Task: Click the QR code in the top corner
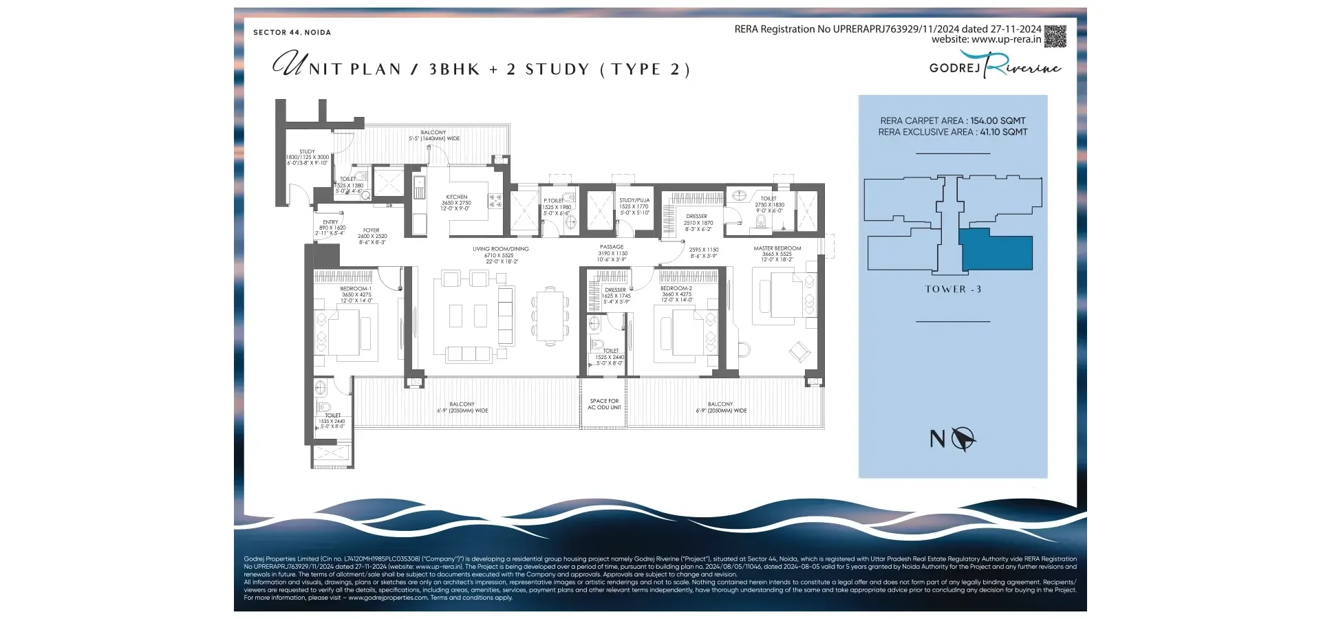pos(1055,36)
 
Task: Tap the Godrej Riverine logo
pos(994,66)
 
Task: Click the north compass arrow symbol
pos(963,438)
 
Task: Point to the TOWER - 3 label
pos(953,290)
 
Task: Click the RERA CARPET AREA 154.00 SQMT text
pos(952,120)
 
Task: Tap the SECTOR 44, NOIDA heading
pos(292,32)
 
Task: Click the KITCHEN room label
pos(456,197)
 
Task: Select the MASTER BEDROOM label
pos(777,248)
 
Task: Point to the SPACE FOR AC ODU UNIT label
pos(604,404)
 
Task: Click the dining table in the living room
pos(550,316)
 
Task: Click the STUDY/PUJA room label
pos(634,201)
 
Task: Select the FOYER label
pos(372,231)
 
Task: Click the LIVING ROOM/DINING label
pos(500,250)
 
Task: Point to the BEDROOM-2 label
pos(676,289)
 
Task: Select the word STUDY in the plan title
pos(557,69)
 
